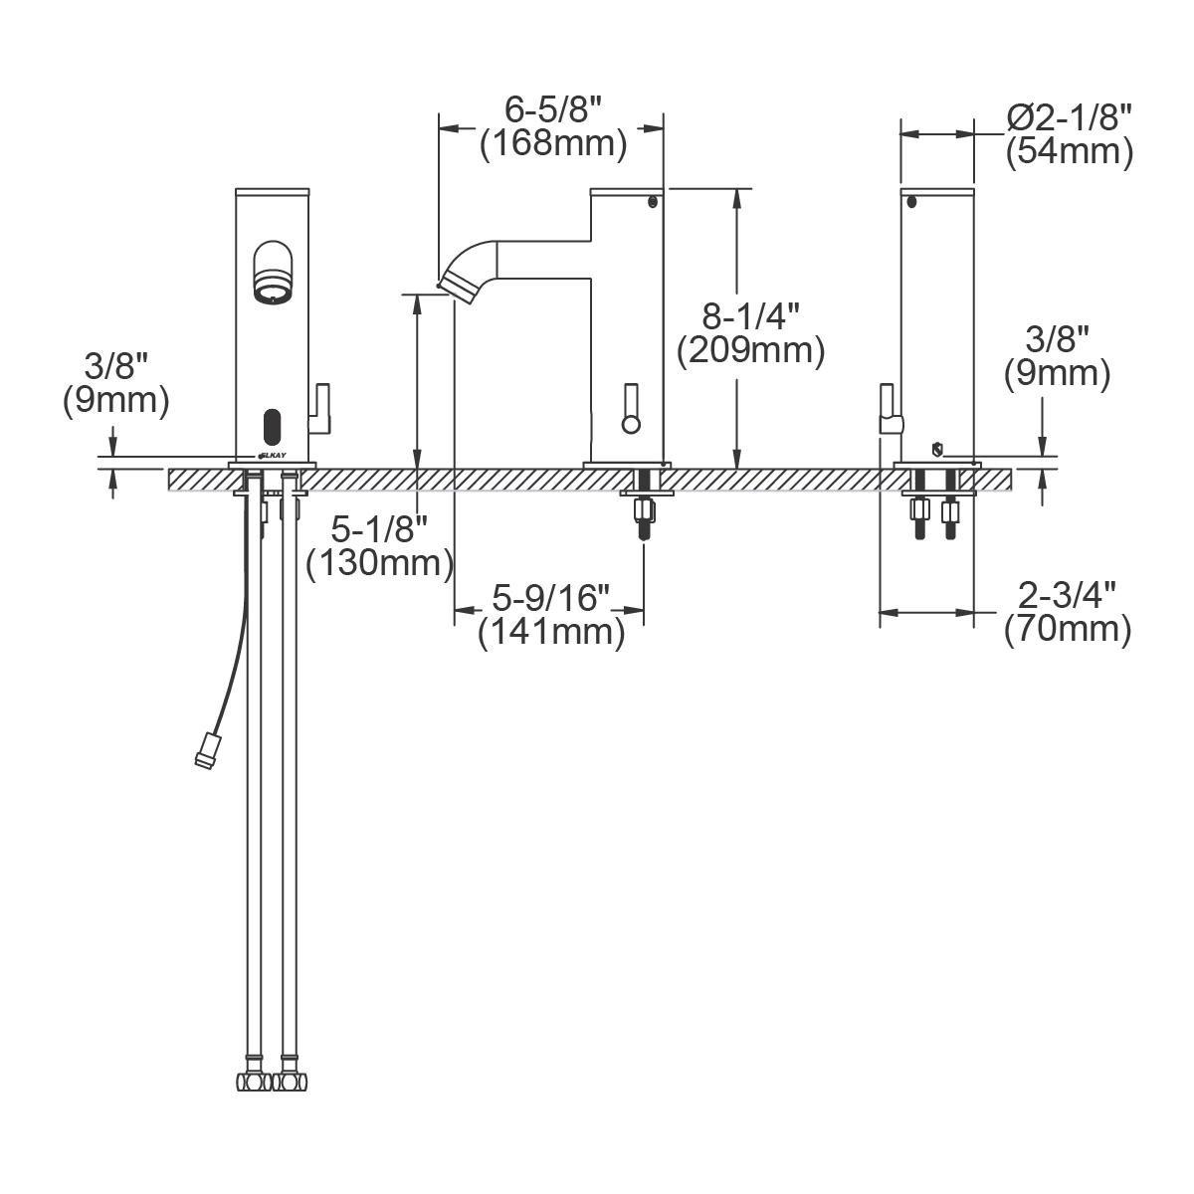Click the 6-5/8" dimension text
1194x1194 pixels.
554,107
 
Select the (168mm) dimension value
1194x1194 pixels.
553,144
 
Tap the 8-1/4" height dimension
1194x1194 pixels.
751,317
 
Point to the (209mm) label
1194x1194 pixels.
751,351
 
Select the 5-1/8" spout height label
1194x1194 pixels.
380,528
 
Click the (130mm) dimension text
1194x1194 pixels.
380,564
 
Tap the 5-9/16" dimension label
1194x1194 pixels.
552,598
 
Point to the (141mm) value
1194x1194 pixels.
552,632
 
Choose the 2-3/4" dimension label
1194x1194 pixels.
1068,595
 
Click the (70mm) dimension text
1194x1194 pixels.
1068,630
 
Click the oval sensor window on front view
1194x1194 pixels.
271,427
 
